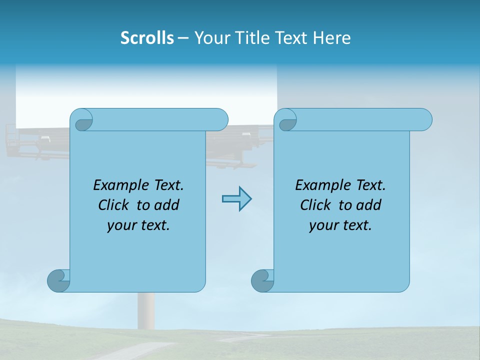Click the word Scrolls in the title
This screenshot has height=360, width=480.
[x=147, y=37]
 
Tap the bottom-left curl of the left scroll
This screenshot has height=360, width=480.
[x=59, y=280]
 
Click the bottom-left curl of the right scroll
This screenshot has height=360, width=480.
[x=262, y=280]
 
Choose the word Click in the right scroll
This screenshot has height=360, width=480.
[x=315, y=205]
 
